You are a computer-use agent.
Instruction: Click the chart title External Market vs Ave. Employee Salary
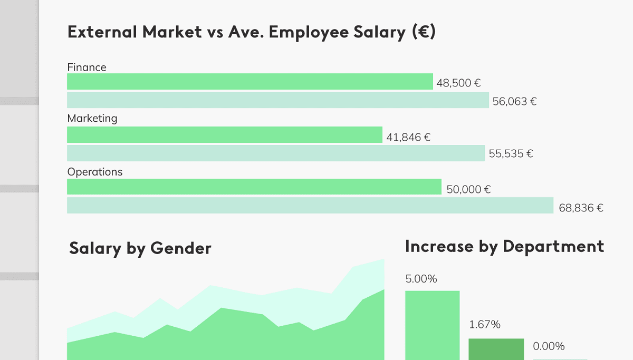[252, 32]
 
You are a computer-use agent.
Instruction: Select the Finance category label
[87, 67]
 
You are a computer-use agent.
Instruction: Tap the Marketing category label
[92, 119]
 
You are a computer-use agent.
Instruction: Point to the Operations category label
[94, 172]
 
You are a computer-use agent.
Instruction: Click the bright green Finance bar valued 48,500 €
[250, 82]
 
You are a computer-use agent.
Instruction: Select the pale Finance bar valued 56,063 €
[278, 100]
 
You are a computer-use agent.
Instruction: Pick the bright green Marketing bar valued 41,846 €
[224, 135]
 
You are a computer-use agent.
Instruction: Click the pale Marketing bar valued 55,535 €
[275, 153]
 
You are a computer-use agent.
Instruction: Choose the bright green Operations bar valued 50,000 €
[254, 187]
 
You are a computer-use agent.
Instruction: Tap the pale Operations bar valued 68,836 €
[310, 206]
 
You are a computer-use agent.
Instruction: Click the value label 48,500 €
[458, 83]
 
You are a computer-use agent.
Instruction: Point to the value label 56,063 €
[514, 102]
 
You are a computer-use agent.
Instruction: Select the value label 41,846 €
[408, 138]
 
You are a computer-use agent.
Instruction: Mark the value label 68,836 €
[581, 208]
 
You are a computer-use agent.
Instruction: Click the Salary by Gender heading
[140, 248]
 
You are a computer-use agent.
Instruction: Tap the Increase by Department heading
[504, 246]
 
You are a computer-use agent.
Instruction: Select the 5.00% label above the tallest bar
[421, 279]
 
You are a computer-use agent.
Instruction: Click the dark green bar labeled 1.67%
[496, 349]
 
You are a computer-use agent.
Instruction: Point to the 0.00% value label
[549, 346]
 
